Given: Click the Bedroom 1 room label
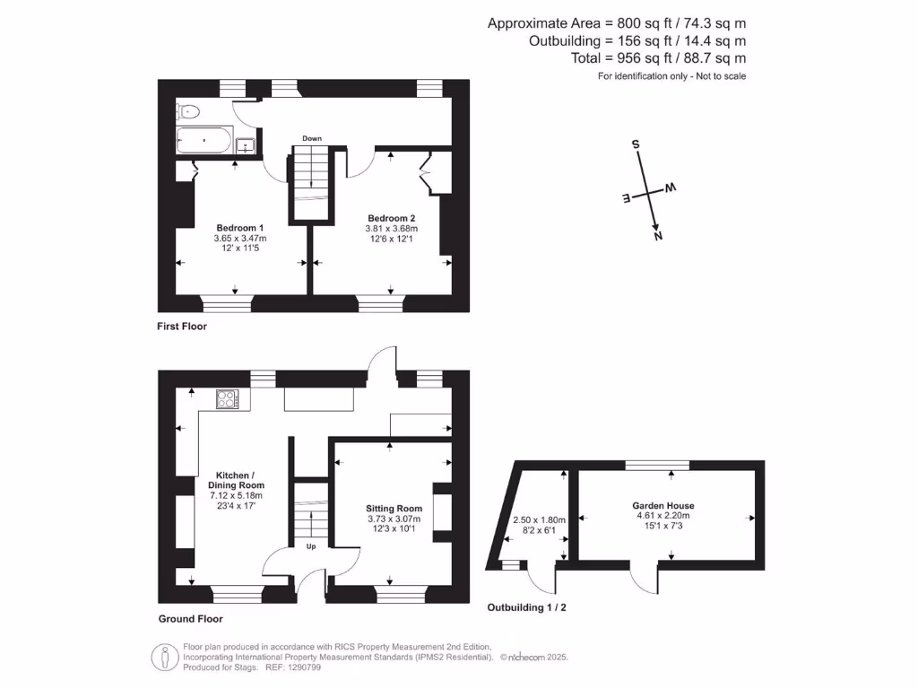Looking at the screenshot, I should click(x=239, y=228).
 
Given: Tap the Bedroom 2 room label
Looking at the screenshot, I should click(x=392, y=218).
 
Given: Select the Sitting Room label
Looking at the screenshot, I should click(x=393, y=508).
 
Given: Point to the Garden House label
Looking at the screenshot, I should click(x=663, y=506).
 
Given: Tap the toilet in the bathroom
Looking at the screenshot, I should click(x=188, y=112).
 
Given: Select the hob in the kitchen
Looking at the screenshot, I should click(x=226, y=398).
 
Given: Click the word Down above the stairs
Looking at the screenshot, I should click(x=312, y=138).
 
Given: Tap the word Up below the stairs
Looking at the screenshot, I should click(x=311, y=545).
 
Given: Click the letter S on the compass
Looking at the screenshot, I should click(x=636, y=144).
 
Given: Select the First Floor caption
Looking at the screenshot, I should click(x=182, y=327).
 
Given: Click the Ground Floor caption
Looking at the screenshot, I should click(x=190, y=619).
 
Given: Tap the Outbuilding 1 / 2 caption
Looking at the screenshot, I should click(x=526, y=607).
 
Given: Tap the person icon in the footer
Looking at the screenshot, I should click(x=163, y=658).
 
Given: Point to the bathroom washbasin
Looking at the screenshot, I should click(x=247, y=144).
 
